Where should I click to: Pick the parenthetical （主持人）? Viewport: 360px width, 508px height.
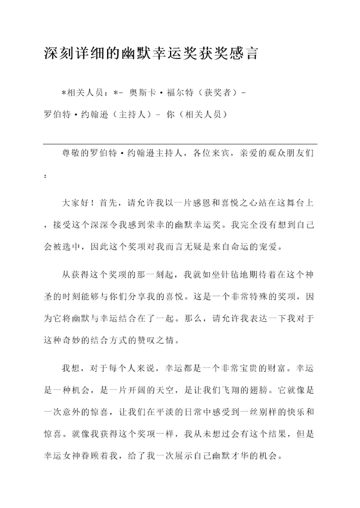click(x=130, y=114)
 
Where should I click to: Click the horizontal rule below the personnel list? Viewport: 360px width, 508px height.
click(x=180, y=144)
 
